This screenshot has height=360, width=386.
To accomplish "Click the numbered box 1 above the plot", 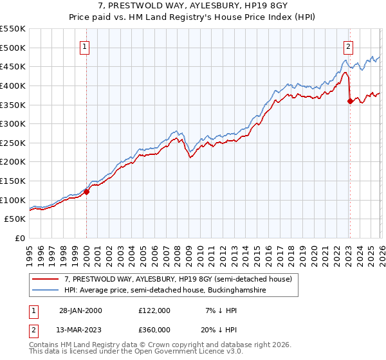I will point(86,46).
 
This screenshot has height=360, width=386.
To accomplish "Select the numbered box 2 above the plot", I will point(348,46).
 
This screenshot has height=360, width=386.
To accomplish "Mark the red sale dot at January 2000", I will point(87,192).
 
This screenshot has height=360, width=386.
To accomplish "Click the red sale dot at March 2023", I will point(349,100).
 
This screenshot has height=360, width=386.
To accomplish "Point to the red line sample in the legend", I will point(46,279).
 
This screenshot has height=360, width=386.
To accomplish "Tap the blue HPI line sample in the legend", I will point(46,291).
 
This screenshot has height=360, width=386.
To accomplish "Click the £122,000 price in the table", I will point(154,310).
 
